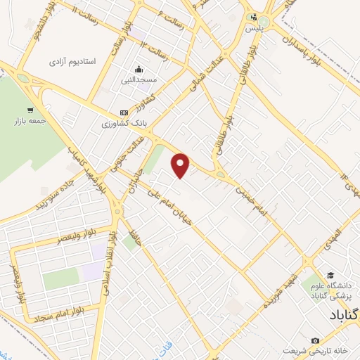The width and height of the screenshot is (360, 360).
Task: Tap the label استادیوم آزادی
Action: click(72, 63)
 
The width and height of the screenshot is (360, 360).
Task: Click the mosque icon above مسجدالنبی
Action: click(139, 69)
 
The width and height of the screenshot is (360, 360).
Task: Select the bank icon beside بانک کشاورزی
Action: click(124, 112)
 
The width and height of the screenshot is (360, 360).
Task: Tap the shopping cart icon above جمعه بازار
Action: click(30, 110)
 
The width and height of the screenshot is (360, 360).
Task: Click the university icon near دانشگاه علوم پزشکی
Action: click(330, 274)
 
